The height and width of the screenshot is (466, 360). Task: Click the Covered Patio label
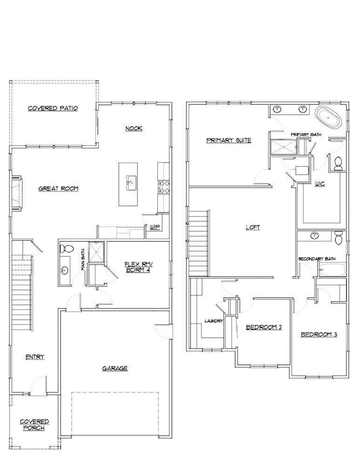(x=53, y=109)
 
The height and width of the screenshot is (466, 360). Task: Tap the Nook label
(x=133, y=129)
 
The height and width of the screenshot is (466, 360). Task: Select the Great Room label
(x=58, y=189)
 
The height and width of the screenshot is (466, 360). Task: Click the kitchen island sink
(x=131, y=181)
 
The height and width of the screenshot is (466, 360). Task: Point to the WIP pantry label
(x=156, y=226)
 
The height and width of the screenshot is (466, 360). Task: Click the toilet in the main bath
(x=65, y=249)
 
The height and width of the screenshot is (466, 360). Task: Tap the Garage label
(x=115, y=368)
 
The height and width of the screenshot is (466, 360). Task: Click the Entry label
(x=35, y=357)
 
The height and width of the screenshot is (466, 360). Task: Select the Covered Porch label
(x=34, y=424)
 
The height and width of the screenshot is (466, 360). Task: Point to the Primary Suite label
(x=229, y=140)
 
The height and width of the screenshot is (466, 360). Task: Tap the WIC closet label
(x=319, y=183)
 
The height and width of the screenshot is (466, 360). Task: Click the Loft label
(x=253, y=227)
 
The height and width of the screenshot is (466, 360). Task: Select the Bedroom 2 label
(x=264, y=327)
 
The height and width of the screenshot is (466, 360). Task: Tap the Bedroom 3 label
(x=319, y=335)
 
